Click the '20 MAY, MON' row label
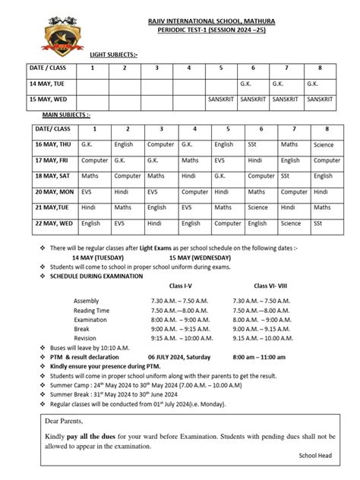(54, 191)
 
